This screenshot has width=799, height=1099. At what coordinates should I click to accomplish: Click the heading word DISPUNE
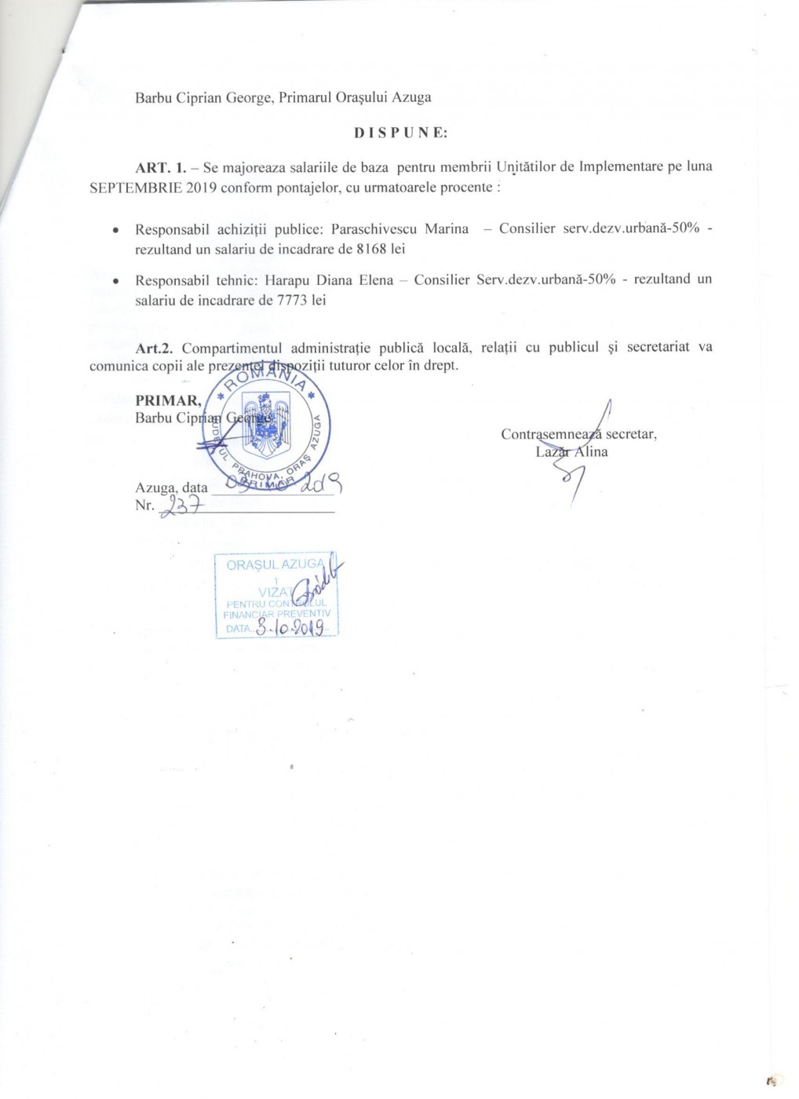click(x=400, y=133)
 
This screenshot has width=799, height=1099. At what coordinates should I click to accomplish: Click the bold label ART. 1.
click(x=161, y=167)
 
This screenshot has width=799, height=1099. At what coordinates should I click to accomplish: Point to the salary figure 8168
click(x=372, y=249)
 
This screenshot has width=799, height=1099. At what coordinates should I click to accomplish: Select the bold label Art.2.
click(x=154, y=347)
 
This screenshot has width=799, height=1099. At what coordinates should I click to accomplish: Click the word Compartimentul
click(x=232, y=347)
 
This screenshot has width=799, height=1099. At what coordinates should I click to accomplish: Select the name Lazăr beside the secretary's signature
click(x=553, y=451)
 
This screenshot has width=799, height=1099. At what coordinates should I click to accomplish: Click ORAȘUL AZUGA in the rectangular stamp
click(x=274, y=564)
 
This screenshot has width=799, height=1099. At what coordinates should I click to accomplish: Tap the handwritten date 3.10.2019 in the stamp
click(x=290, y=628)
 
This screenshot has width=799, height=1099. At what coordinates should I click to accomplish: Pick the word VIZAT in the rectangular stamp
click(x=275, y=592)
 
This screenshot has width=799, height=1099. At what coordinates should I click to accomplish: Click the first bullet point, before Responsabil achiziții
click(x=116, y=231)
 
